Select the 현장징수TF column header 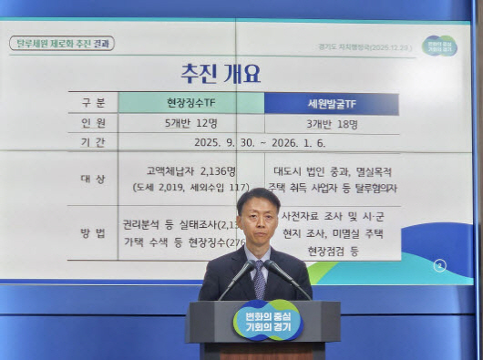click(190, 103)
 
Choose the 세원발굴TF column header click(331, 103)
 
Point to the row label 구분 click(93, 103)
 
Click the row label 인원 click(93, 122)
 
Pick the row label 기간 click(93, 142)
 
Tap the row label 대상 click(93, 180)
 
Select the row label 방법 click(93, 232)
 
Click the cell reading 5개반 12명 click(190, 122)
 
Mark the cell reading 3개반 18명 click(331, 122)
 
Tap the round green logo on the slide click(440, 45)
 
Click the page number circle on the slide click(440, 265)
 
